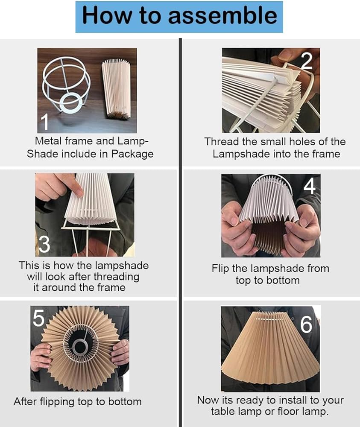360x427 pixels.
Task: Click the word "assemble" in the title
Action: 222,15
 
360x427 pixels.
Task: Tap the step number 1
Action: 44,122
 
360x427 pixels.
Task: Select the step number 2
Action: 307,61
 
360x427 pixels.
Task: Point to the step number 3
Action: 44,244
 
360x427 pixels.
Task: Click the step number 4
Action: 310,186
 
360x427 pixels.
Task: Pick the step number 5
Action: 38,318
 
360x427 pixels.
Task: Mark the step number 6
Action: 306,325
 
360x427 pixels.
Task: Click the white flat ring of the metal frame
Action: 71,103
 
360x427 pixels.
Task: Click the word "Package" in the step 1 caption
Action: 132,154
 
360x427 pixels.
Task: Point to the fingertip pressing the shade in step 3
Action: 79,193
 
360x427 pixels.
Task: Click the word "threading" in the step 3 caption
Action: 117,277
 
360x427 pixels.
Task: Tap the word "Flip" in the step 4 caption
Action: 220,269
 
